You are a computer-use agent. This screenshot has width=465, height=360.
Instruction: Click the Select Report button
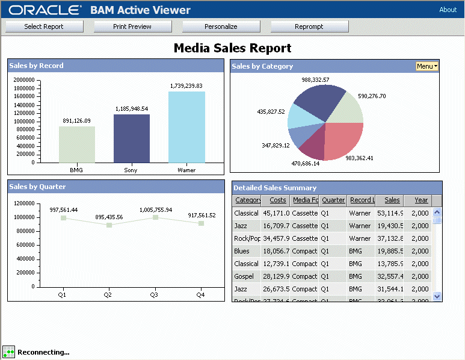44,26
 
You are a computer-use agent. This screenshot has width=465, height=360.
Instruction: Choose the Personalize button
221,26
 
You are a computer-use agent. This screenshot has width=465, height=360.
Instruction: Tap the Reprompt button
309,26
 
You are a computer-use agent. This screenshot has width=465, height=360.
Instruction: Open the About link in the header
448,10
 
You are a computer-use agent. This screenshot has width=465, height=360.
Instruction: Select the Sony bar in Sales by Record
131,138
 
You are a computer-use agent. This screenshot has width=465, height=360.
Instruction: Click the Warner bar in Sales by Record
186,127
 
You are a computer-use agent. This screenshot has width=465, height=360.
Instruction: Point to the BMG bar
77,144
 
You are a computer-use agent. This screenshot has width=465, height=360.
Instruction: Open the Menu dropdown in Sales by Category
427,66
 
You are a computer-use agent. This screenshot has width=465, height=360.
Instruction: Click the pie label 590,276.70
372,96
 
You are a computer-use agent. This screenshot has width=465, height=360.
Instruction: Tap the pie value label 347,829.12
276,145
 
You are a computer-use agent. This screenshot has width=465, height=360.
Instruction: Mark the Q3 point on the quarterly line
155,217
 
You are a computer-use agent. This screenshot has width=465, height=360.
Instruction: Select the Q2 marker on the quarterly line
109,225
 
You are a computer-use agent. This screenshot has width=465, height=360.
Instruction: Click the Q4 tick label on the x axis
200,295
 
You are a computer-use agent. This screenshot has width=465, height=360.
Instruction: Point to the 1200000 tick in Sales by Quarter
23,203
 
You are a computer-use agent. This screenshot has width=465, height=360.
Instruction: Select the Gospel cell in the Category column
246,276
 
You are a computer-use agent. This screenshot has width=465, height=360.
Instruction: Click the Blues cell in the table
242,251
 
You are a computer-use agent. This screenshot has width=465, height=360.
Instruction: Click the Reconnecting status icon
8,352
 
